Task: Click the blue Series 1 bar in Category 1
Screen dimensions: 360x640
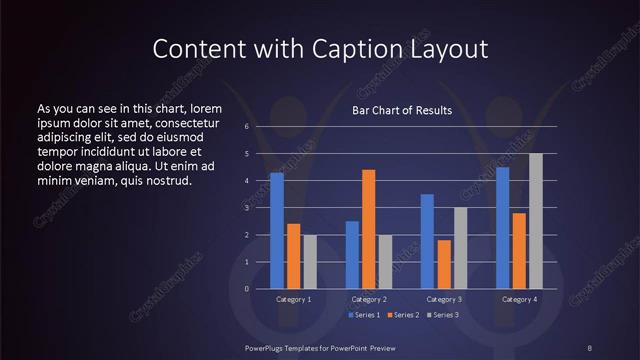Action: coord(277,231)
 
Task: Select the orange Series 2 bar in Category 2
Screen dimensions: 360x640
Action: coord(369,229)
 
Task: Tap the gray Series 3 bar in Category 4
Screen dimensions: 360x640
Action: coord(536,221)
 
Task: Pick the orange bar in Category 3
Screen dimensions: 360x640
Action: coord(444,264)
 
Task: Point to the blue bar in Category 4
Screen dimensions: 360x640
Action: coord(502,228)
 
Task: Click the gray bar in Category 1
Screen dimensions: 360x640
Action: coord(310,262)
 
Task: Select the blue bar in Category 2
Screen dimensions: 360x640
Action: coord(352,255)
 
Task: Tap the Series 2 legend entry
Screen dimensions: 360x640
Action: coord(402,315)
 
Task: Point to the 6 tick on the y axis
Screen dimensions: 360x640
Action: coord(247,127)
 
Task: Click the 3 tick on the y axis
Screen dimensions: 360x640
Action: coord(247,208)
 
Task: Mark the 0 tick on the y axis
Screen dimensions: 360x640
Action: coord(247,289)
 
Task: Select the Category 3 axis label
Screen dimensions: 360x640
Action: coord(444,299)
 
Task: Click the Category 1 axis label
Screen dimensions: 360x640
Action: coord(294,299)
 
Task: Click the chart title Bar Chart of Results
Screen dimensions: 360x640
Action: coord(402,110)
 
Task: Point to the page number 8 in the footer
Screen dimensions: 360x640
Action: coord(589,348)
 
